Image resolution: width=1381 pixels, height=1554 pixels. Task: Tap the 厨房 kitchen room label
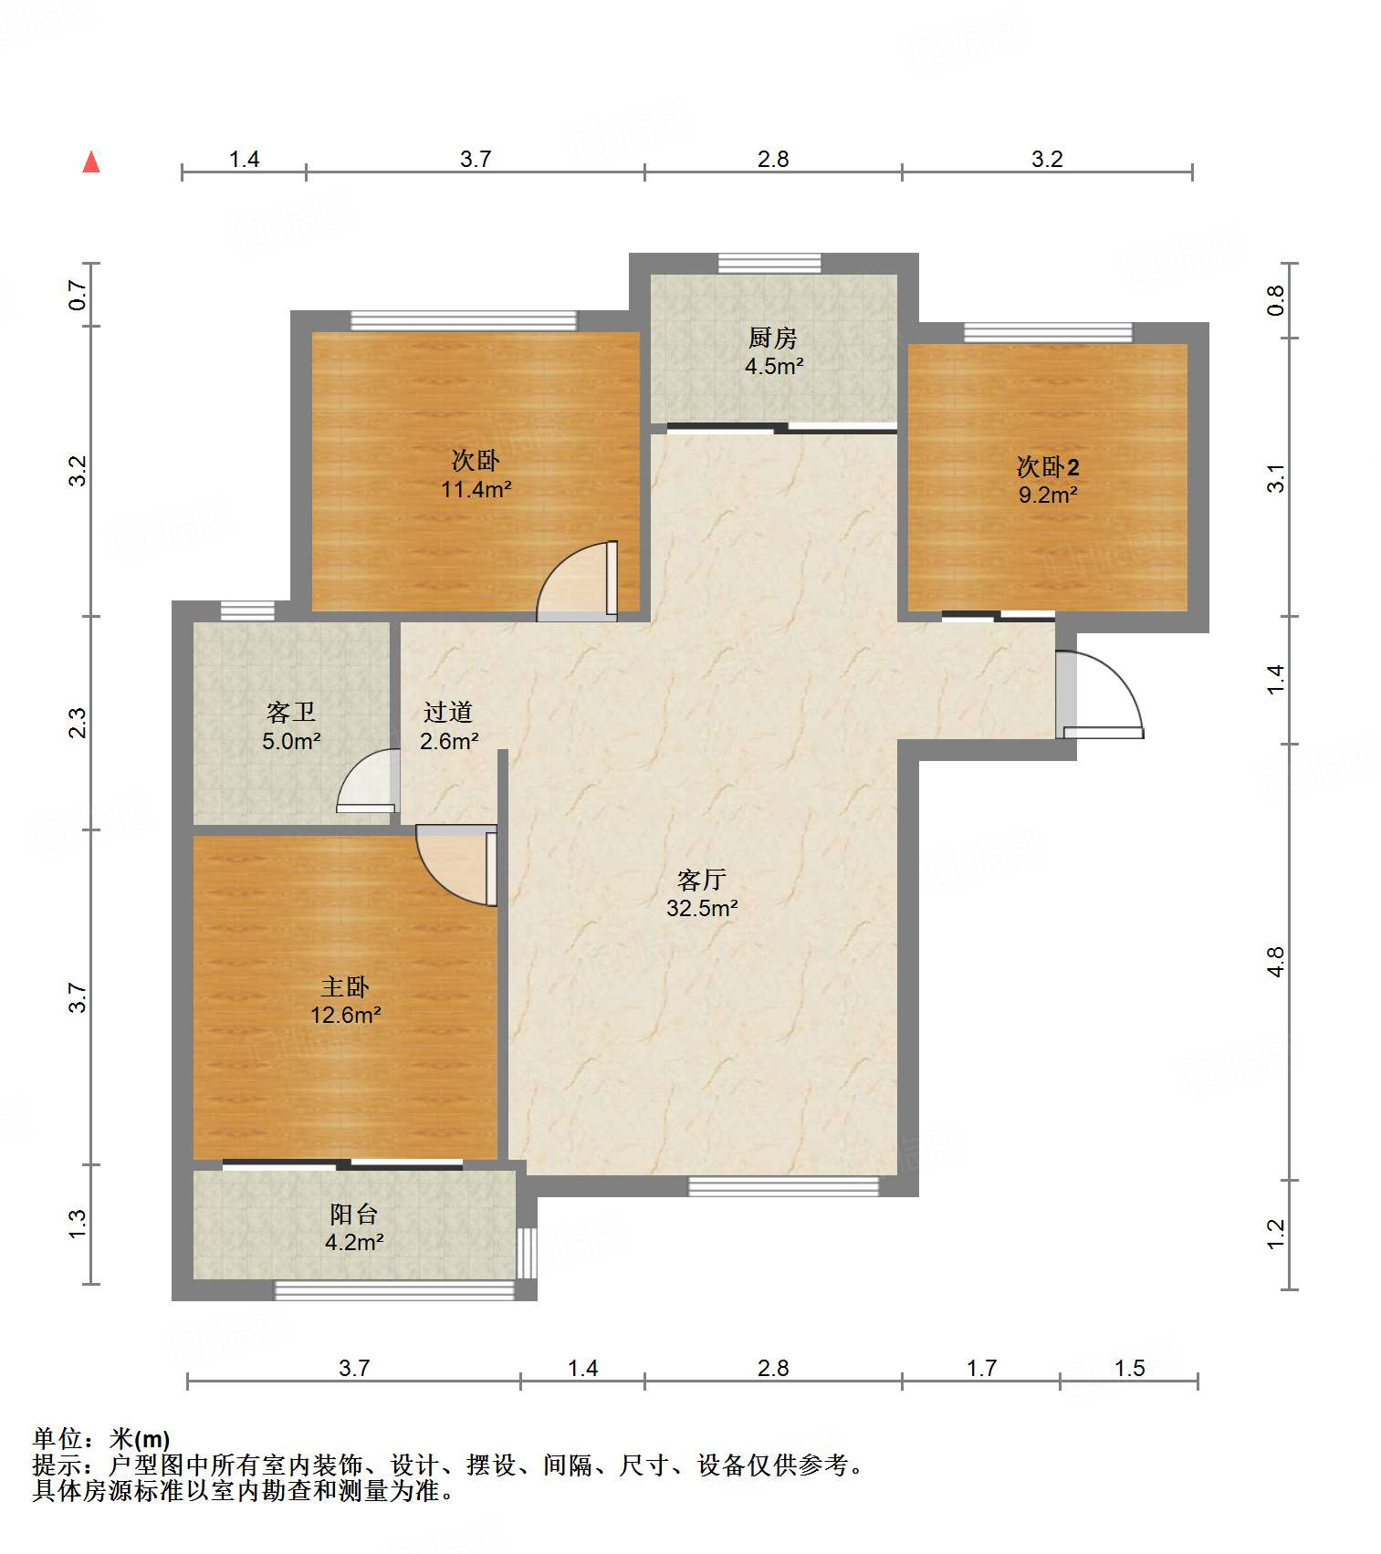point(773,339)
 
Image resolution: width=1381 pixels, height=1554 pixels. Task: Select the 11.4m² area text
point(476,489)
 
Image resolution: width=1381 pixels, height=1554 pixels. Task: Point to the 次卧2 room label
point(1048,467)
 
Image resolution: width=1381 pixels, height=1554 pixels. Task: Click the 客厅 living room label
point(701,880)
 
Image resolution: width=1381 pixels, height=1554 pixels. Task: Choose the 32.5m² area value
point(701,908)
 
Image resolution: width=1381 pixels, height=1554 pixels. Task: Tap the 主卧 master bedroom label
point(345,986)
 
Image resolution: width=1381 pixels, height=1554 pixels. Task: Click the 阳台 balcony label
point(353,1214)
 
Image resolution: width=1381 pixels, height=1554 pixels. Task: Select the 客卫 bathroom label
point(291,712)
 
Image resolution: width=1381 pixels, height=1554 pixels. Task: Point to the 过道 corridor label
point(448,712)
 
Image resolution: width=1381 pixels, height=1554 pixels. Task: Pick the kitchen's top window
point(769,263)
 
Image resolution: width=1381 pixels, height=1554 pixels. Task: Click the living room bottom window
point(783,1186)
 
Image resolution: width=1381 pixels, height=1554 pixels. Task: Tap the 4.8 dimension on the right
point(1275,962)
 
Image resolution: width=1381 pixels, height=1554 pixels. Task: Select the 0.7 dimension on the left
point(78,295)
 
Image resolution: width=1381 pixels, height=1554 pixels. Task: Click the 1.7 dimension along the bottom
point(981,1368)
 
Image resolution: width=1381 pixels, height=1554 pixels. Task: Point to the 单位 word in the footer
point(58,1439)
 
